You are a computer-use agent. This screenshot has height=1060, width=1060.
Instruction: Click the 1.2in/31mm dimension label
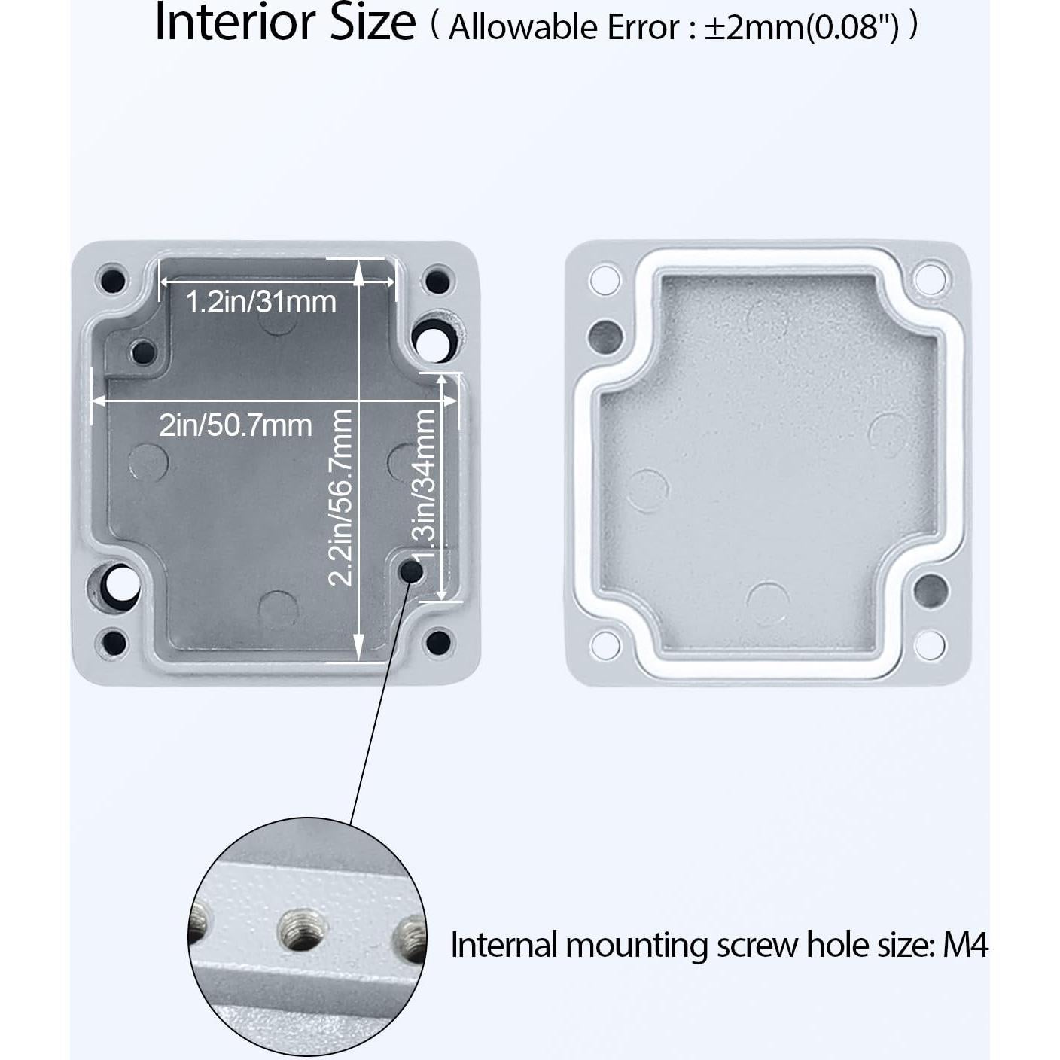[x=260, y=302]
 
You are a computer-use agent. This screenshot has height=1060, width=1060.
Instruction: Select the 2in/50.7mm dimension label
[x=235, y=425]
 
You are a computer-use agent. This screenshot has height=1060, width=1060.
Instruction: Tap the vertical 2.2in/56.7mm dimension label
[x=340, y=497]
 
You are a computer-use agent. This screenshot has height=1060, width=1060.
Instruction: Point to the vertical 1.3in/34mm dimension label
[x=425, y=484]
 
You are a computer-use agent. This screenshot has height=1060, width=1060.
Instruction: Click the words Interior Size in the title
[x=285, y=23]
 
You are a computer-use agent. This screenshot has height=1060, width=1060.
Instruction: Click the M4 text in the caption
[x=964, y=945]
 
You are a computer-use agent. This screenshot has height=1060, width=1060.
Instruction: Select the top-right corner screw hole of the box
[x=437, y=281]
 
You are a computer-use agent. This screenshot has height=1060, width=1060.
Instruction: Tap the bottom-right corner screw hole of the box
[x=437, y=642]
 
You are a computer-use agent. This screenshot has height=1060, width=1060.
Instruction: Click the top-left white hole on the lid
[x=605, y=280]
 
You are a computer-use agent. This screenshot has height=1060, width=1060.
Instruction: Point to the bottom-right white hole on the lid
[x=929, y=644]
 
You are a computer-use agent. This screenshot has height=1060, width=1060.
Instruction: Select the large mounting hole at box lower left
[x=117, y=584]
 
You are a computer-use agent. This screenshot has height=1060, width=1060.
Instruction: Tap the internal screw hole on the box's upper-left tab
[x=142, y=351]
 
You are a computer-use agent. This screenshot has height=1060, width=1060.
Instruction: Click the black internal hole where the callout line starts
[x=411, y=572]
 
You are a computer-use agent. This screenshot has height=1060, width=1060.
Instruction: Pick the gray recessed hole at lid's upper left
[x=606, y=336]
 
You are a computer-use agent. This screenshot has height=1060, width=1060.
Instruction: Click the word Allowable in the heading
[x=517, y=27]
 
